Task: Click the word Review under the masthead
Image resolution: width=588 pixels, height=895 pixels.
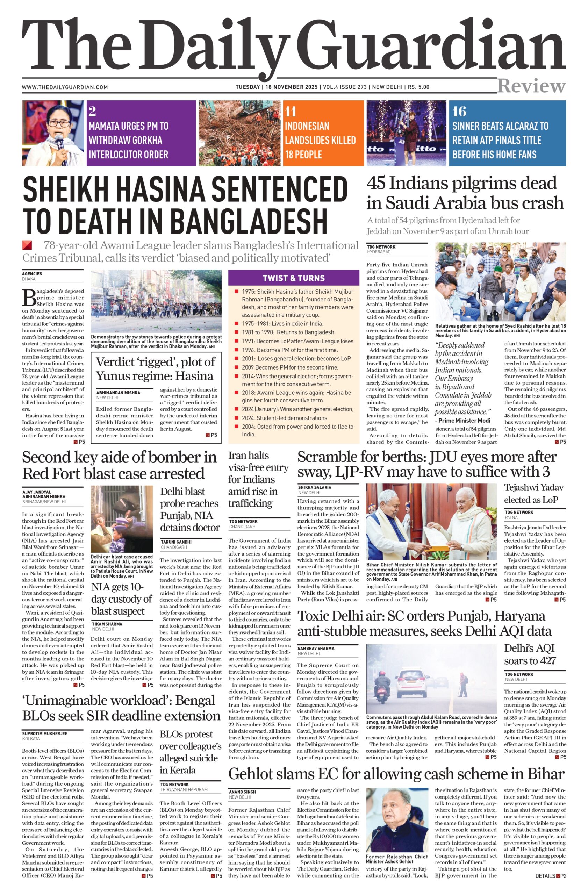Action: click(x=531, y=86)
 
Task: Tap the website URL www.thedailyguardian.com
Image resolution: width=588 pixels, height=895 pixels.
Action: click(x=65, y=87)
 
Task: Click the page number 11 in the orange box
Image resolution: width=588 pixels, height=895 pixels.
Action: click(x=291, y=112)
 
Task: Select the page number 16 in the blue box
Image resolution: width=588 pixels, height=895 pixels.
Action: click(x=459, y=112)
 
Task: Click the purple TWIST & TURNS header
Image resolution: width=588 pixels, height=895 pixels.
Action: click(x=294, y=278)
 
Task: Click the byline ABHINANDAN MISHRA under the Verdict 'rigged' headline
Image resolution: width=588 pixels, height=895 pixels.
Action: click(x=118, y=393)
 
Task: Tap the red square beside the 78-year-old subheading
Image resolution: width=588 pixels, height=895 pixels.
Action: click(x=27, y=245)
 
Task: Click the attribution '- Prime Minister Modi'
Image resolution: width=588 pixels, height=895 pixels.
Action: click(x=462, y=421)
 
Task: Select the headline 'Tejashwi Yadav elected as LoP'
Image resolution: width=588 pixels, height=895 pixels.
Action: click(x=533, y=493)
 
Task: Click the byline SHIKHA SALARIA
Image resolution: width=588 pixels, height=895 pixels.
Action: click(x=315, y=487)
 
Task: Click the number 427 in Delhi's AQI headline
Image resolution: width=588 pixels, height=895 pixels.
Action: click(x=544, y=661)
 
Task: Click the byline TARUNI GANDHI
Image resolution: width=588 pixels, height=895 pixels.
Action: click(x=176, y=542)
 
